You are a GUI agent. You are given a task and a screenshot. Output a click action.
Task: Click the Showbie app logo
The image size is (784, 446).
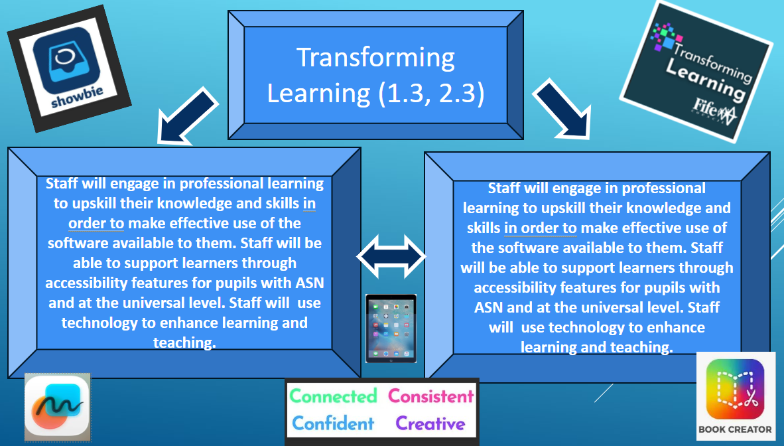[x=69, y=68]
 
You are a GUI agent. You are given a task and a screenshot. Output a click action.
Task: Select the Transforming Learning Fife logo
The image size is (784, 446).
[x=696, y=72]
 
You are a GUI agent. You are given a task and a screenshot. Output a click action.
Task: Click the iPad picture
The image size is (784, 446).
[x=391, y=329]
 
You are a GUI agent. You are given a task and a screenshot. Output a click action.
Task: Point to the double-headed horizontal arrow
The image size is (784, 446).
[x=391, y=256]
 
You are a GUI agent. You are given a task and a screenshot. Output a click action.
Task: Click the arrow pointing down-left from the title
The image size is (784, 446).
[x=186, y=117]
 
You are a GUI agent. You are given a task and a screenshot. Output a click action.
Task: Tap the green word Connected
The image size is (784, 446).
[x=333, y=396]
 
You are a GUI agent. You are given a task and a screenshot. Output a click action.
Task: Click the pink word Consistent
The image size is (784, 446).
[x=430, y=396]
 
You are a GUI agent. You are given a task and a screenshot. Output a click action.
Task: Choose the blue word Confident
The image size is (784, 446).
[x=333, y=423]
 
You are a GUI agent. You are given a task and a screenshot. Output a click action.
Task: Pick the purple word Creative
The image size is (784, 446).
[x=430, y=423]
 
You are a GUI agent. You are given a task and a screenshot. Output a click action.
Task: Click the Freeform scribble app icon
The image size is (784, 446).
[x=58, y=406]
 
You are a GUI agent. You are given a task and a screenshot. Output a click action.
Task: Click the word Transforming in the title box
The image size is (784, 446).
[x=375, y=58]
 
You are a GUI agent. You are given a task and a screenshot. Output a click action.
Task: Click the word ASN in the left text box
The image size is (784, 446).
[x=310, y=283]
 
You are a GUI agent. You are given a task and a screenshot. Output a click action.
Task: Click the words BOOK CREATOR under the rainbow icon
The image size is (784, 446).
[x=735, y=429]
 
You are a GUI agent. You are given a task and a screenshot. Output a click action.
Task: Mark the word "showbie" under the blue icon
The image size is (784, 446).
[x=78, y=97]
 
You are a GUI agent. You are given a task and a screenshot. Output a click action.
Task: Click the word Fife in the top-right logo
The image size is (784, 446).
[x=704, y=106]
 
